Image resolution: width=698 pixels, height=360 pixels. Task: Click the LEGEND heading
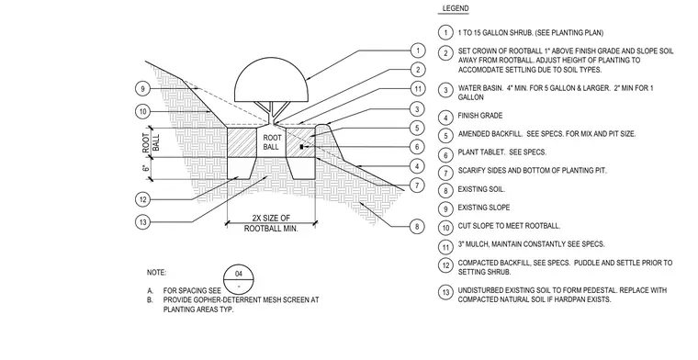(456, 8)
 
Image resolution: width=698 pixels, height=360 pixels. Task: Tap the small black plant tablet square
(301, 146)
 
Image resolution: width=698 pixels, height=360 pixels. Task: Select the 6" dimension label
(145, 168)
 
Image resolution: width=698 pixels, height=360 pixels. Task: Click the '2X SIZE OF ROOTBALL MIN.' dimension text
(271, 223)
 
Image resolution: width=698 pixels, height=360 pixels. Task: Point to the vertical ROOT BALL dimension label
(151, 142)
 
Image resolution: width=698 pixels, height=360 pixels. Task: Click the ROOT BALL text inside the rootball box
(271, 142)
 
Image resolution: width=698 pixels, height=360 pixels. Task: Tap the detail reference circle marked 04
(239, 279)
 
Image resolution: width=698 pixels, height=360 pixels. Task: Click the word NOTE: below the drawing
(156, 273)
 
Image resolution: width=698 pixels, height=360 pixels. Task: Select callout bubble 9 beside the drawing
(142, 89)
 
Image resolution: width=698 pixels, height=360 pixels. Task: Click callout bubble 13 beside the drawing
(142, 221)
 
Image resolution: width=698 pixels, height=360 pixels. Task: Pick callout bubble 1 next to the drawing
(418, 51)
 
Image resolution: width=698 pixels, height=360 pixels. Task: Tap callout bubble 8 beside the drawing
(417, 226)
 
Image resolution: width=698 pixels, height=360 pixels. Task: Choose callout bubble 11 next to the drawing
(418, 89)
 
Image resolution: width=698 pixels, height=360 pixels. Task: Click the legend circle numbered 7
(445, 173)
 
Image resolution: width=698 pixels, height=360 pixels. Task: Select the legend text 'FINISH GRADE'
(480, 116)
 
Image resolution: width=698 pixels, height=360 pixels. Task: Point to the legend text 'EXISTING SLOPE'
(484, 208)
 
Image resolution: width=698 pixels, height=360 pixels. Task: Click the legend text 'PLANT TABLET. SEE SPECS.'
(502, 152)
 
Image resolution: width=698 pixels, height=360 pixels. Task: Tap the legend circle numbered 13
(445, 292)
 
